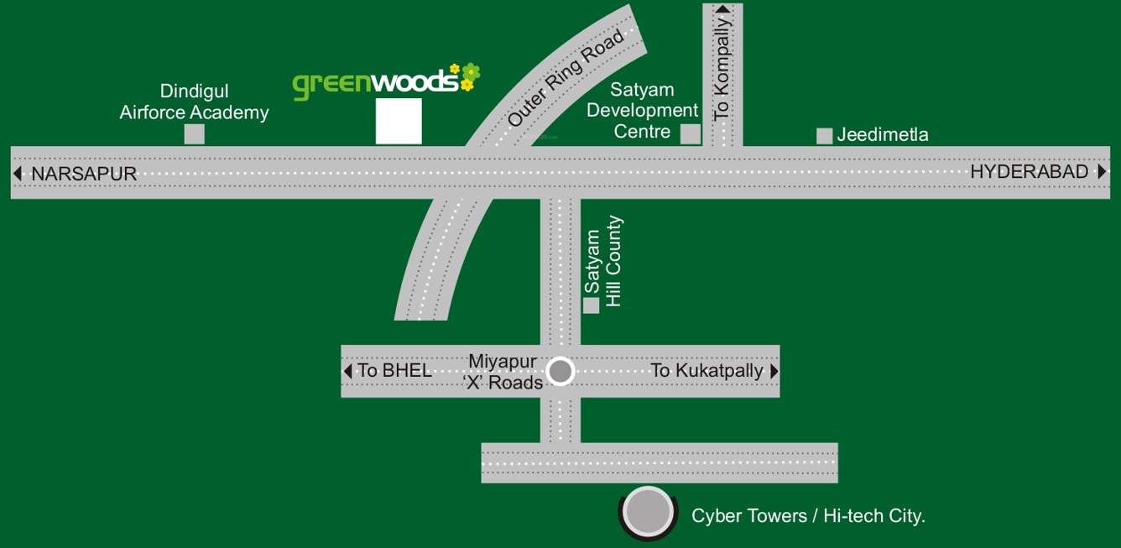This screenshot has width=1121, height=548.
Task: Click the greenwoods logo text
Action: pos(376,84)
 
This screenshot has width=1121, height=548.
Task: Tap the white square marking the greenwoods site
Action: pos(399,121)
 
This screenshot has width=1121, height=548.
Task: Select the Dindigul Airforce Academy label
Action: pos(194,102)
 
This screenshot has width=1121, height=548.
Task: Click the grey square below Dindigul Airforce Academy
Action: pos(195,134)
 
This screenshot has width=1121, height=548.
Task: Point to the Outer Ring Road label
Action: pos(566,79)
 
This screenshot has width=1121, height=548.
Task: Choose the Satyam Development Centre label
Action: pos(643,110)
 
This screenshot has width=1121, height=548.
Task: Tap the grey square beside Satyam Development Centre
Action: pos(691,134)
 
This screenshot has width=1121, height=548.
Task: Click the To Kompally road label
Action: pos(722,69)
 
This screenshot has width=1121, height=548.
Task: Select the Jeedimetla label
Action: pos(883,135)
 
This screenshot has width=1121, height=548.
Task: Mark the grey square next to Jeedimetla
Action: pos(825,136)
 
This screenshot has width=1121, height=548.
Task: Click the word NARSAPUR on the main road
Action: pos(84,174)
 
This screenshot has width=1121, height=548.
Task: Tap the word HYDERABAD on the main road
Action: pos(1030,172)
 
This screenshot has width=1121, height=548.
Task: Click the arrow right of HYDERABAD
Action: pos(1102,172)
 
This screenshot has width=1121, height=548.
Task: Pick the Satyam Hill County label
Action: pos(604,261)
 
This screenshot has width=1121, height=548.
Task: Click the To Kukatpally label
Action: pos(706,370)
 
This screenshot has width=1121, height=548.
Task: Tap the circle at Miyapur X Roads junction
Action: pos(560,371)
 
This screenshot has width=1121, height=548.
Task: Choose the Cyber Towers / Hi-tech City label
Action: pos(808,516)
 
